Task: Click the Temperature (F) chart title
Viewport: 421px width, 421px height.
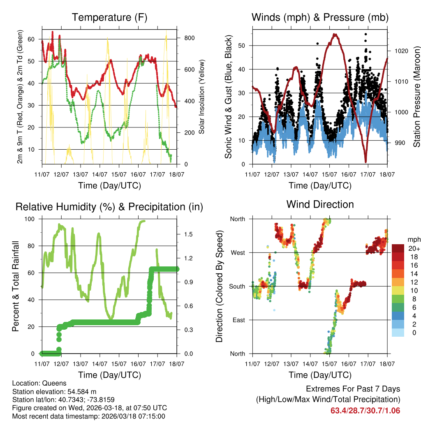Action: [x=109, y=18]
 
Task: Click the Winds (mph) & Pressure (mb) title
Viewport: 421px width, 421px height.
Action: [x=320, y=18]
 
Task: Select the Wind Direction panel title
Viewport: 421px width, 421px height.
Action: [x=320, y=204]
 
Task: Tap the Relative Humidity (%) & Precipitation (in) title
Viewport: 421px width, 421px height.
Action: [x=109, y=207]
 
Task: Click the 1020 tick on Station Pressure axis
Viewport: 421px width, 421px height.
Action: [x=400, y=51]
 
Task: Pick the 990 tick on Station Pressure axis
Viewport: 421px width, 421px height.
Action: [x=399, y=143]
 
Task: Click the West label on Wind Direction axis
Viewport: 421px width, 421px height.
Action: [x=237, y=252]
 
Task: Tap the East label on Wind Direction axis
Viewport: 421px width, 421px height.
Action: [x=238, y=320]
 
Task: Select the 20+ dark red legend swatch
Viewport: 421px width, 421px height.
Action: [x=398, y=248]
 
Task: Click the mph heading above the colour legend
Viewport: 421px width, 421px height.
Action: [x=413, y=239]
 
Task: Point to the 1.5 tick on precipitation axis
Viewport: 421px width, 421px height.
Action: [x=189, y=234]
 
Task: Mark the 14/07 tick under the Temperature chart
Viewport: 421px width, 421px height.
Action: [x=99, y=174]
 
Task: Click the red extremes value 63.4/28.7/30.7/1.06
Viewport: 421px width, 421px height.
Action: [x=365, y=410]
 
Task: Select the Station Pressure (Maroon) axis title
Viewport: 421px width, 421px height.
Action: [x=416, y=96]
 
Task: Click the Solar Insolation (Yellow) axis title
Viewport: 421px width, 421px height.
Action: [x=201, y=96]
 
